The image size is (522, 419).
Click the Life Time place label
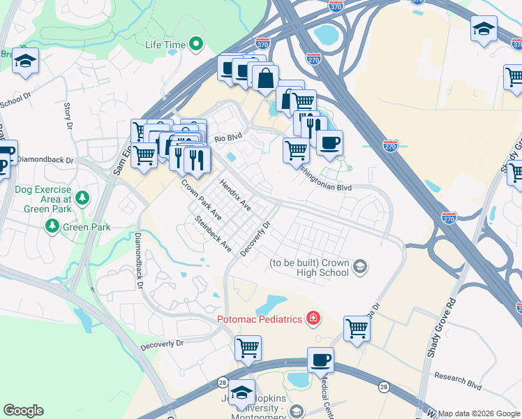[165, 45]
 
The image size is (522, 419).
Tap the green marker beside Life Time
[196, 45]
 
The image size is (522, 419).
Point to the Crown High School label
[309, 267]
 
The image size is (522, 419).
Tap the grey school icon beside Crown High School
[360, 265]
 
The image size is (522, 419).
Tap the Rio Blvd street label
[227, 138]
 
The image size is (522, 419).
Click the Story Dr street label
[68, 116]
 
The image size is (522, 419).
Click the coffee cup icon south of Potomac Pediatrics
[320, 360]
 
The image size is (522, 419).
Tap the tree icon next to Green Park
[52, 226]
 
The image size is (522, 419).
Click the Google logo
[23, 411]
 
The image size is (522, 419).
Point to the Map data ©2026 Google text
[479, 413]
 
